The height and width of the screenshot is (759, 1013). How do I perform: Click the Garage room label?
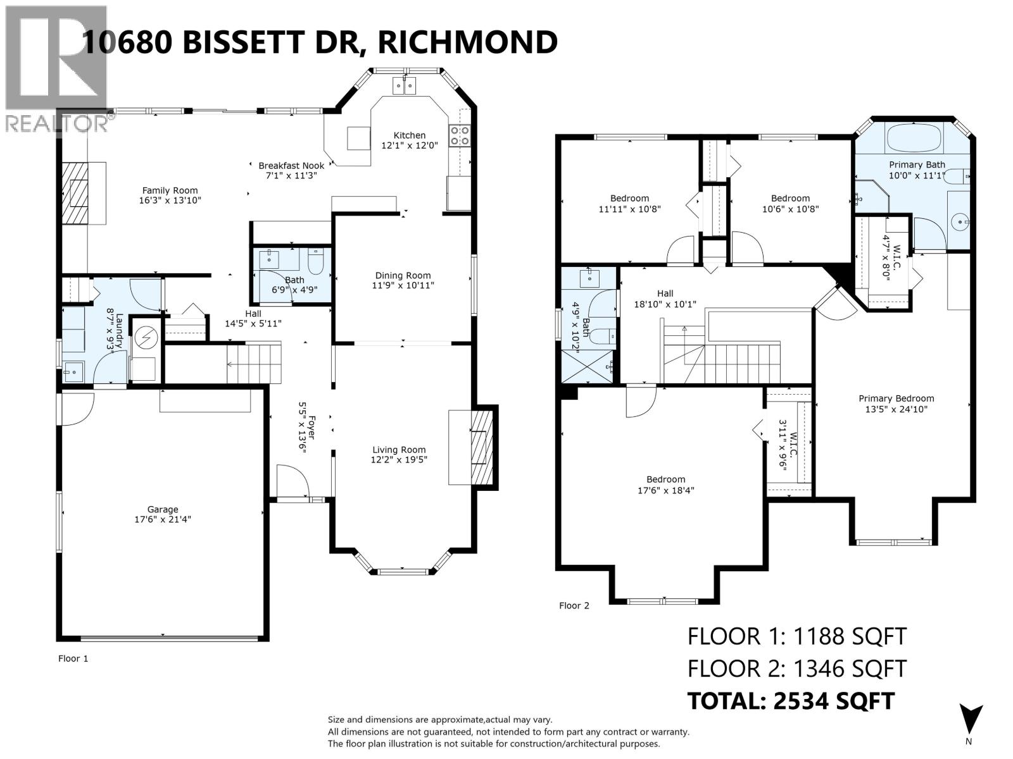[163, 509]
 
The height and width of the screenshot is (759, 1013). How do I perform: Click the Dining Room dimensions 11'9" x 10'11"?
[403, 285]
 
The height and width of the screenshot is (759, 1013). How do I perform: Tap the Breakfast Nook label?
[291, 166]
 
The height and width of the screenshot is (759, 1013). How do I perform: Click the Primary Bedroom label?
[896, 398]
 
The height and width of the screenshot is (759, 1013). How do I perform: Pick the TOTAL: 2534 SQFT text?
[791, 701]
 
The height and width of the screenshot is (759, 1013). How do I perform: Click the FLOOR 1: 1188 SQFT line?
[796, 636]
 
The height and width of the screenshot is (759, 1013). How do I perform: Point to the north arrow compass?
[970, 721]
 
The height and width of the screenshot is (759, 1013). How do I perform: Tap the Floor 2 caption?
[574, 606]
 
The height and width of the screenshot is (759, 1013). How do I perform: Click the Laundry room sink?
[74, 371]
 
